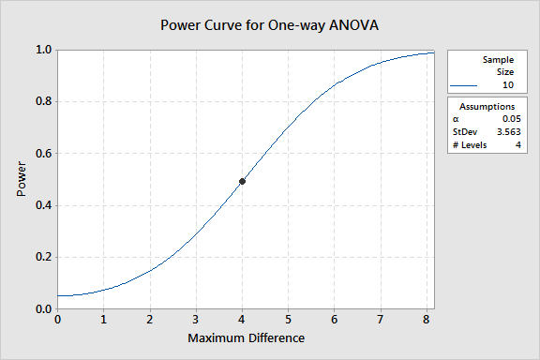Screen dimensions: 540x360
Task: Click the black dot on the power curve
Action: (x=242, y=181)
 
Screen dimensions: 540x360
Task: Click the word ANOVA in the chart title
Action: (x=353, y=25)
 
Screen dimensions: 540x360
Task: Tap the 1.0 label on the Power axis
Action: (x=44, y=50)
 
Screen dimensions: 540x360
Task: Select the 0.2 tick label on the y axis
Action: (x=44, y=257)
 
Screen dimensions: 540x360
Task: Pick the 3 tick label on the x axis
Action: (x=196, y=320)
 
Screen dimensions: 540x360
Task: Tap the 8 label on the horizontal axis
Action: (x=427, y=320)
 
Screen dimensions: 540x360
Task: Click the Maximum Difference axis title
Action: (x=246, y=337)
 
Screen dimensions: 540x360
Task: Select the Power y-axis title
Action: (x=22, y=179)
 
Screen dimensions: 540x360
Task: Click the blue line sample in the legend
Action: (x=463, y=85)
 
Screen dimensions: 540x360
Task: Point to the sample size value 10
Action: (x=508, y=85)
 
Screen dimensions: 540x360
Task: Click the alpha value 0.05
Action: (x=512, y=119)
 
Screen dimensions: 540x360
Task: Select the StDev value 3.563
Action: (x=509, y=132)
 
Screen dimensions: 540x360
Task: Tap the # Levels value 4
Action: (x=517, y=145)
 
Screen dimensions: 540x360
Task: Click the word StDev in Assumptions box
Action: (x=465, y=132)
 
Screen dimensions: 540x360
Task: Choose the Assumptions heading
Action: (x=487, y=107)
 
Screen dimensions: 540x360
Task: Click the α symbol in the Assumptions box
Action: (x=456, y=119)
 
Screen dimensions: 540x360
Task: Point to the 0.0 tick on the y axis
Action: (x=44, y=309)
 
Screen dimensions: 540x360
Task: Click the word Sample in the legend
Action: (x=498, y=60)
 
